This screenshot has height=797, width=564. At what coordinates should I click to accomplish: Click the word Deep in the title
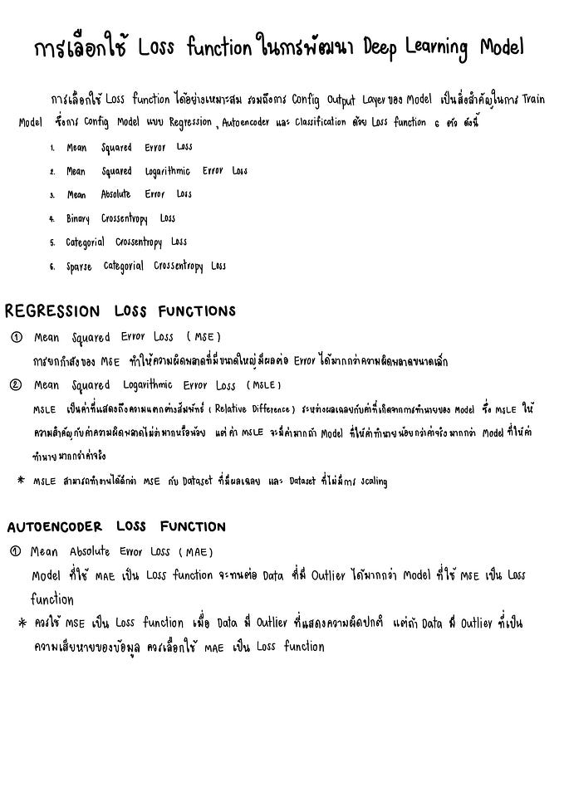(x=383, y=48)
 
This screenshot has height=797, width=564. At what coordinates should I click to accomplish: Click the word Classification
(x=315, y=123)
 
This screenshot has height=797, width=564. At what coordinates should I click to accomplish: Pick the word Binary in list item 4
(x=78, y=219)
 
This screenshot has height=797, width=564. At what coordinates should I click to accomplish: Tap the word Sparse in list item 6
(x=79, y=267)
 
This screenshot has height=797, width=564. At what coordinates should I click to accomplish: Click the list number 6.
(x=51, y=267)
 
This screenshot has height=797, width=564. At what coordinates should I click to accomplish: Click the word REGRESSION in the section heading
(x=51, y=312)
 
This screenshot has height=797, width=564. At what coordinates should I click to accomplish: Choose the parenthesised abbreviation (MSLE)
(x=262, y=385)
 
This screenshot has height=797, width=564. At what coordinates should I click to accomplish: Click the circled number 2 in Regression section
(x=16, y=385)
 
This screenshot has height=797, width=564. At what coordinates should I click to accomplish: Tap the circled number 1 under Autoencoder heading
(x=15, y=551)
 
